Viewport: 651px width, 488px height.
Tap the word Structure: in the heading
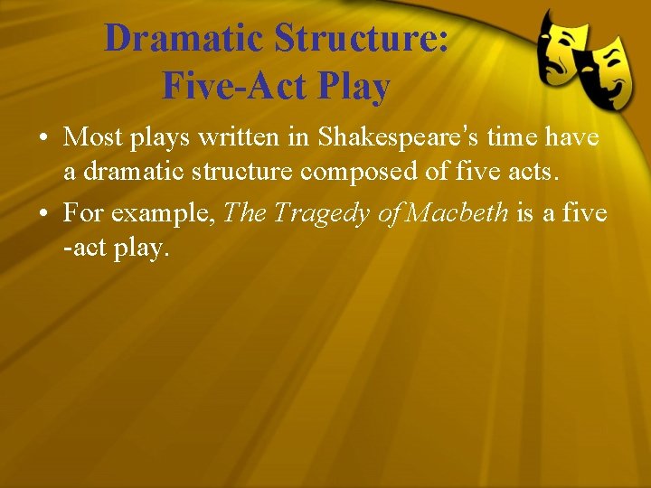362,39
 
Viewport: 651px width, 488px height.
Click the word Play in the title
354,86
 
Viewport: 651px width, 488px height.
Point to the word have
575,137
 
